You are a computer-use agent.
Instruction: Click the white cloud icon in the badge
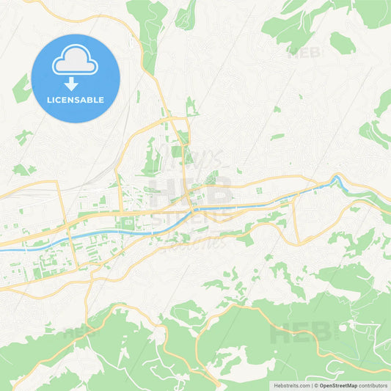[x=75, y=63]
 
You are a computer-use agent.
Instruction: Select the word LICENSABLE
[x=75, y=100]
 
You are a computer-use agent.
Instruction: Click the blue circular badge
[x=75, y=78]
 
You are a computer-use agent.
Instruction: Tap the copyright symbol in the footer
[x=315, y=385]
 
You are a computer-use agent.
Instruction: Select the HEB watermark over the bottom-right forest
[x=302, y=333]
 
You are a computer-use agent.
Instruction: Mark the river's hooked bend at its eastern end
[x=337, y=178]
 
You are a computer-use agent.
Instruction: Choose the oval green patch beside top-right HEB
[x=342, y=43]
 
